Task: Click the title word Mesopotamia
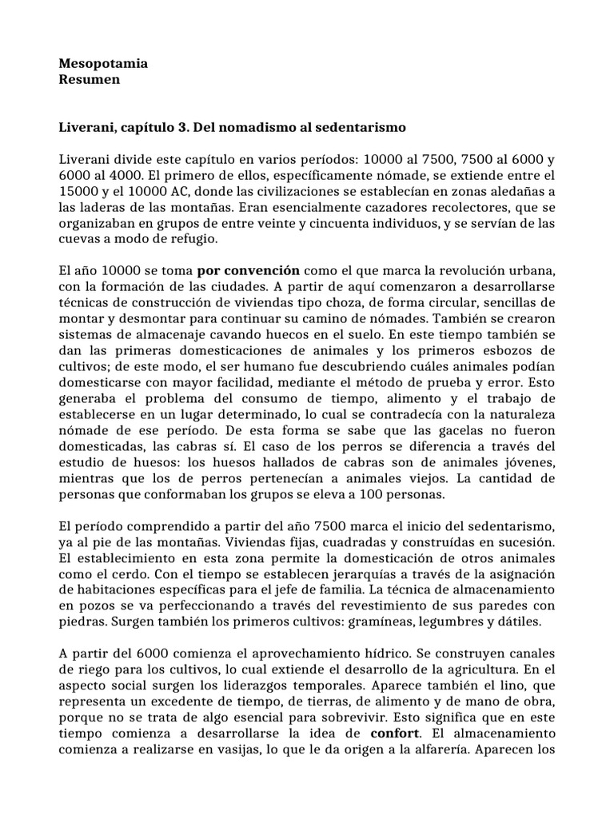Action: click(104, 62)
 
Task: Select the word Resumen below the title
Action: click(90, 79)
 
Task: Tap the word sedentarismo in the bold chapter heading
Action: click(366, 127)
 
